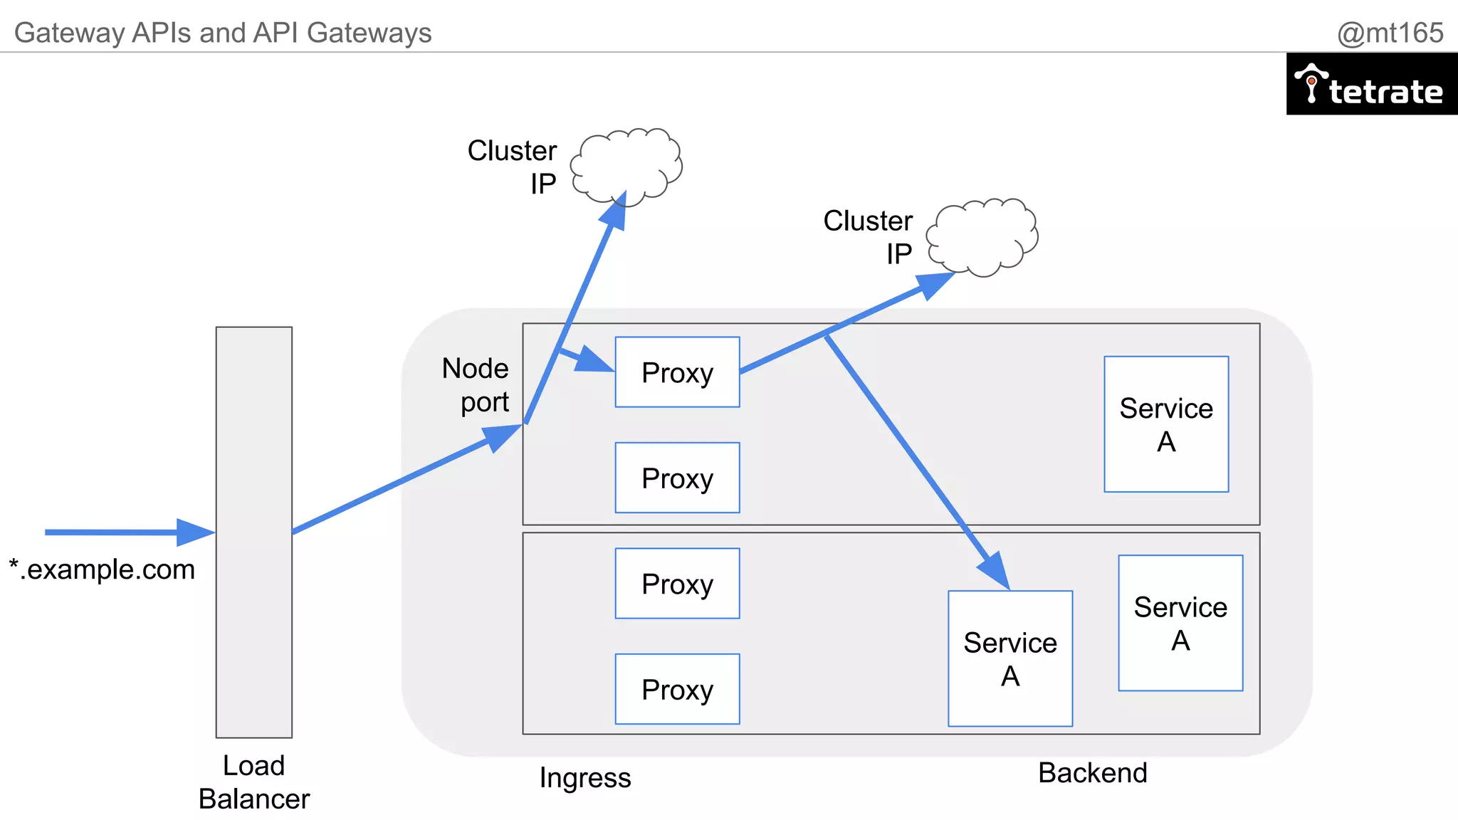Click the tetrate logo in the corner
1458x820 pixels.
pyautogui.click(x=1371, y=84)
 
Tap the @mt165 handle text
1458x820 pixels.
pyautogui.click(x=1389, y=33)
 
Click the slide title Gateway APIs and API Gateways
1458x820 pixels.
pyautogui.click(x=223, y=33)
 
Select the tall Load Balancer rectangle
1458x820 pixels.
pyautogui.click(x=254, y=532)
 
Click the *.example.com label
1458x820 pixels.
pyautogui.click(x=103, y=569)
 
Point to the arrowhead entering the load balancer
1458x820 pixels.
pyautogui.click(x=196, y=532)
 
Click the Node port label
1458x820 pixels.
pyautogui.click(x=476, y=385)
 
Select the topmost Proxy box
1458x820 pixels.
pyautogui.click(x=677, y=372)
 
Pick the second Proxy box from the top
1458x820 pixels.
pyautogui.click(x=677, y=478)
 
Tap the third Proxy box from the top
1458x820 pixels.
pyautogui.click(x=677, y=584)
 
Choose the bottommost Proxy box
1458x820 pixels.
pyautogui.click(x=677, y=689)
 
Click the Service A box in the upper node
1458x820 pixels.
pyautogui.click(x=1166, y=424)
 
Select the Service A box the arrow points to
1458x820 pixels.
pyautogui.click(x=1010, y=658)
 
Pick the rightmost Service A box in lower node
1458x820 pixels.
pyautogui.click(x=1180, y=623)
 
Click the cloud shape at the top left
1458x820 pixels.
pyautogui.click(x=626, y=165)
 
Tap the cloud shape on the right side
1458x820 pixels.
pyautogui.click(x=983, y=236)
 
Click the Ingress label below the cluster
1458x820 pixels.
pyautogui.click(x=584, y=778)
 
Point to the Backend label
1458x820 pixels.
pyautogui.click(x=1092, y=773)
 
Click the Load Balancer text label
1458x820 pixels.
pyautogui.click(x=254, y=782)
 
